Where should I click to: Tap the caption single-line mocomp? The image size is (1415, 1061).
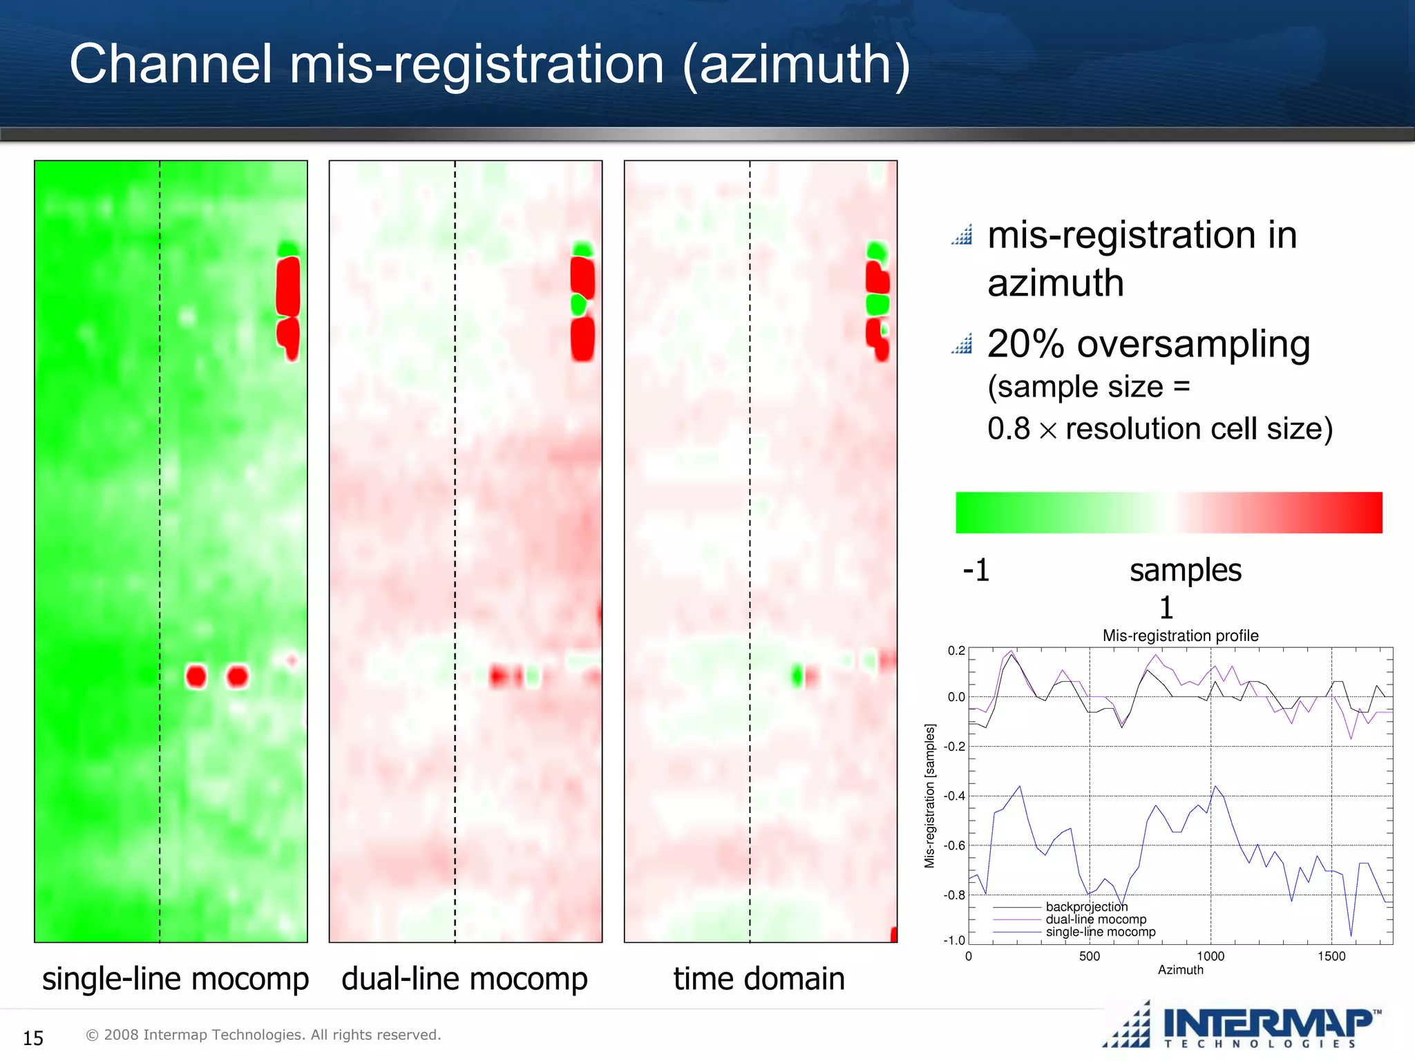pos(175,979)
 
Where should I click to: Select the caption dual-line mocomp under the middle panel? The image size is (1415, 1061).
pos(464,979)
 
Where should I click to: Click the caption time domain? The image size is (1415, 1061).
pos(759,979)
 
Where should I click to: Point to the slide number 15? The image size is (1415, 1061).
pos(33,1038)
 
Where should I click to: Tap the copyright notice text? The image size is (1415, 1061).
pos(263,1035)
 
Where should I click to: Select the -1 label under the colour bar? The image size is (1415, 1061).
pos(976,571)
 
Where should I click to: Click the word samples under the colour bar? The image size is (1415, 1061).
pos(1186,571)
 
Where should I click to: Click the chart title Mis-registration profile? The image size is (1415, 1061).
pos(1180,635)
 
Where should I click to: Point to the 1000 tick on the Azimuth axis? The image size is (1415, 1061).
pos(1210,956)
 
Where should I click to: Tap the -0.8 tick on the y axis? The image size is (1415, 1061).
pos(956,895)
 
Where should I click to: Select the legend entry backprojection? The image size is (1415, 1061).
pos(1086,906)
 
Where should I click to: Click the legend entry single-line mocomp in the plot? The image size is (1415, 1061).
pos(1100,932)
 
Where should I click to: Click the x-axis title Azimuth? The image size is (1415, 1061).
pos(1180,970)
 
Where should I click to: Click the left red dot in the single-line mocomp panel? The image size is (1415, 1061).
pos(196,676)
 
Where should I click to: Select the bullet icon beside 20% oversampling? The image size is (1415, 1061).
pos(962,344)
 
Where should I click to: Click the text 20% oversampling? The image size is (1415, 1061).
pos(1148,344)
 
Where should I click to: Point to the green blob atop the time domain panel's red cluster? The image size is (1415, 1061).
pos(876,250)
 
